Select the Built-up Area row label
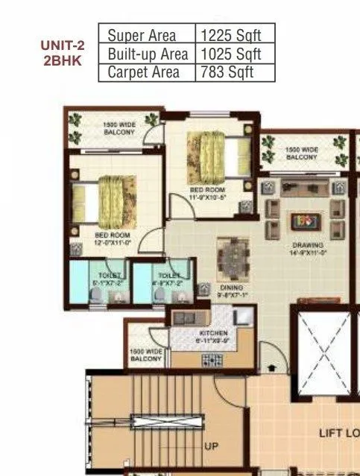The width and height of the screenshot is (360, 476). tap(147, 54)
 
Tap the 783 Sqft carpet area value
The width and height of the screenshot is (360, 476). tap(227, 72)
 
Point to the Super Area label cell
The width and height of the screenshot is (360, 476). tap(142, 35)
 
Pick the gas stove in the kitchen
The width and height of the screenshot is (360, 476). tap(211, 361)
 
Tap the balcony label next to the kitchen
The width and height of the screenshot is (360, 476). tap(145, 355)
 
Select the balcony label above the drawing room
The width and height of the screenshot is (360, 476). tap(301, 153)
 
